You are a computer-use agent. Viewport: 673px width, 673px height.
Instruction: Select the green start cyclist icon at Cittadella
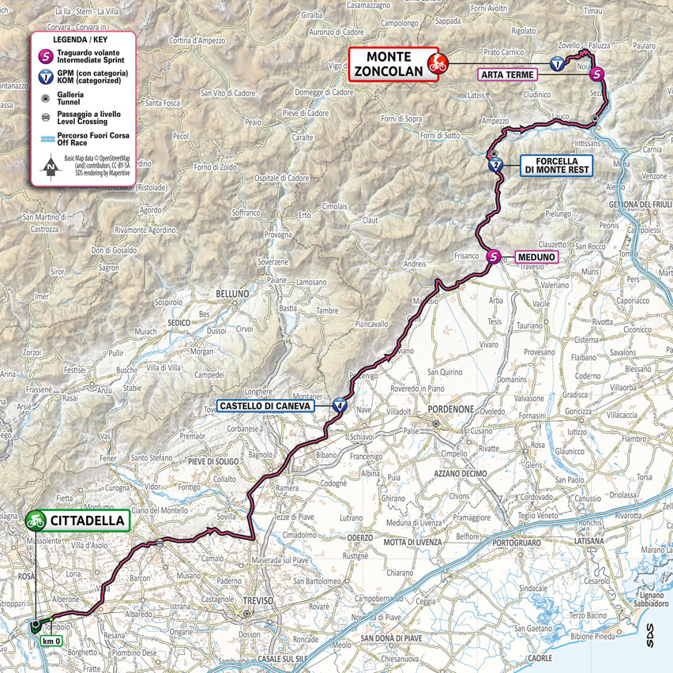point(35,520)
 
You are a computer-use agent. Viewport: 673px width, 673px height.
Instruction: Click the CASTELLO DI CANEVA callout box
point(265,406)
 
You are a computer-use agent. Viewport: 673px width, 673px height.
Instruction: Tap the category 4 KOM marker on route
point(339,406)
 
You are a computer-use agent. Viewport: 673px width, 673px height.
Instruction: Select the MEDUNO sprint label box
point(536,257)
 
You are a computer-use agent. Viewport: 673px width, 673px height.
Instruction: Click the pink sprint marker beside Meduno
point(494,256)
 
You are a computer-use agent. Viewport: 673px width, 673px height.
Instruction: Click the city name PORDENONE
point(449,409)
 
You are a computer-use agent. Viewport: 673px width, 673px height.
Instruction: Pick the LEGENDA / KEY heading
point(80,39)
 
